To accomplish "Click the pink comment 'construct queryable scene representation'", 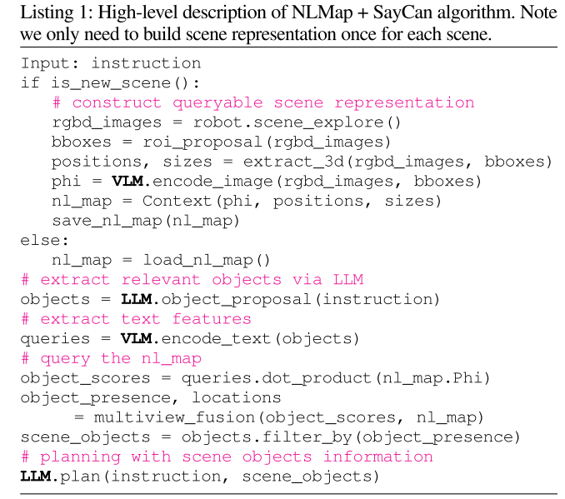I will pos(263,102).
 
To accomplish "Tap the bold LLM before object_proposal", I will pos(136,298).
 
